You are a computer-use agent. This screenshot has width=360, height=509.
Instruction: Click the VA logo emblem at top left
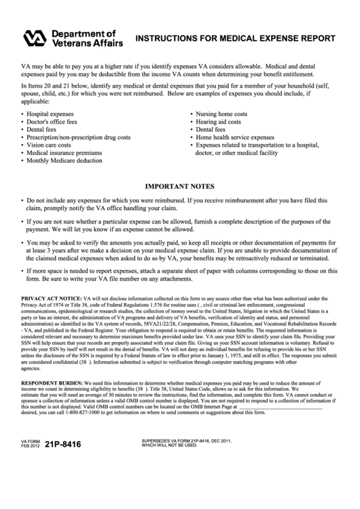tap(35, 39)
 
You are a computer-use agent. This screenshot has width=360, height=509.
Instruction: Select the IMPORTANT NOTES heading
tap(180, 186)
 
